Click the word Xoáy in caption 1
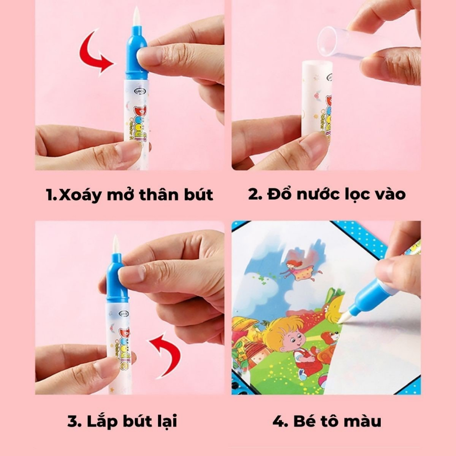click(83, 195)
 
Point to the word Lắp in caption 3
click(100, 421)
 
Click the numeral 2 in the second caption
click(254, 194)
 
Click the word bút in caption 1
click(195, 195)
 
